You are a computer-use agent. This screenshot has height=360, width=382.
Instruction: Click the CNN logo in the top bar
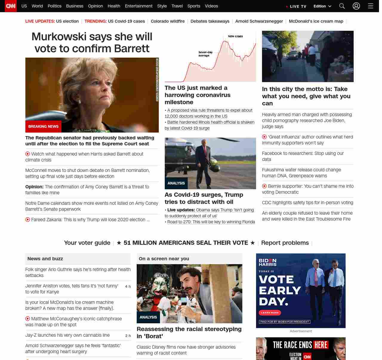coord(11,6)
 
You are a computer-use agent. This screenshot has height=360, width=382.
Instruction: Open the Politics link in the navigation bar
coord(54,6)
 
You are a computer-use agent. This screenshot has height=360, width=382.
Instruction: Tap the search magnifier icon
coord(342,6)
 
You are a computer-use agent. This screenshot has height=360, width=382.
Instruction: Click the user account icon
coord(356,6)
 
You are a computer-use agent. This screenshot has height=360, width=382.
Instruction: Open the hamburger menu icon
coord(371,6)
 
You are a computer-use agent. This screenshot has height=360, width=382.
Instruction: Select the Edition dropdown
coord(322,6)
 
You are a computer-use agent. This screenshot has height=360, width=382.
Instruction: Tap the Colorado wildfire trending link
coord(168,21)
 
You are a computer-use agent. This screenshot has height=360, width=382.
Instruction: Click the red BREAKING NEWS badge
coord(43,127)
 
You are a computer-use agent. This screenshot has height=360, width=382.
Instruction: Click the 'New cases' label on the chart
coord(235,36)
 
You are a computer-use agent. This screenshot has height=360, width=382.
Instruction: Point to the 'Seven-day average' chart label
coord(205,54)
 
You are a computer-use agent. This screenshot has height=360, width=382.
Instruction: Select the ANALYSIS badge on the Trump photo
coord(176,183)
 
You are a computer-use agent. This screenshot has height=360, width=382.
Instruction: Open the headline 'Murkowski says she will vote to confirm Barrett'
coord(92,42)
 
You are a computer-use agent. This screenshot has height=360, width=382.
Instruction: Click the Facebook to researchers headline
coord(303,156)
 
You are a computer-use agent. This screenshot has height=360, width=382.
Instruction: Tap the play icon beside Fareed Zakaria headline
coord(28,220)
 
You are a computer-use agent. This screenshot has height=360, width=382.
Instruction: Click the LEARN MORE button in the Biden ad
coord(270,313)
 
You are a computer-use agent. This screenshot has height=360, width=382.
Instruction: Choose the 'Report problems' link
coord(285,243)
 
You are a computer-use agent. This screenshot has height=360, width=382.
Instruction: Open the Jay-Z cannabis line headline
coord(67,335)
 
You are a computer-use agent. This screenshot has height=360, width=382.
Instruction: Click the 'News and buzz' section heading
coord(45,259)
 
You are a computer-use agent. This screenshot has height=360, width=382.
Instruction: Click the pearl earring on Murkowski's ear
coord(80,102)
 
